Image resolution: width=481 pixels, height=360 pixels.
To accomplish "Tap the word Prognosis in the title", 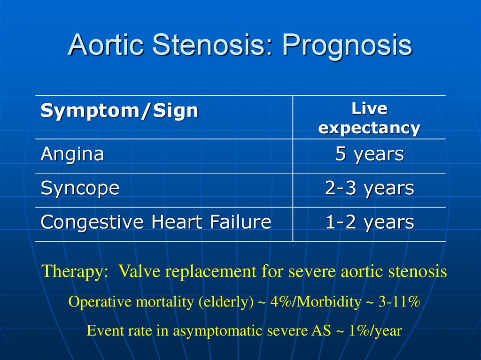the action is tap(347, 46).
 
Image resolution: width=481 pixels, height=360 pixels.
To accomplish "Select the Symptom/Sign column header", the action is tap(119, 110).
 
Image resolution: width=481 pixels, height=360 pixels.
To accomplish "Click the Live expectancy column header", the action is tap(369, 118).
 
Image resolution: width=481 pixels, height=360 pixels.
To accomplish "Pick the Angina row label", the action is tap(72, 154).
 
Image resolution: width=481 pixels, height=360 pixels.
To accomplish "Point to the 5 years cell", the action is tap(369, 154).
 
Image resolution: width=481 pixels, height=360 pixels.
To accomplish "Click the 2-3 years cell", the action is tap(369, 188).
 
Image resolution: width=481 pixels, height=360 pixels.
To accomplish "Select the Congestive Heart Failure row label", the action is tap(156, 222).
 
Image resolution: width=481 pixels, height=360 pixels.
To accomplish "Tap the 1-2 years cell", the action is tap(369, 222).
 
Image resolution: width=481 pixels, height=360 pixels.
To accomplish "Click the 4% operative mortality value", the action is tap(281, 302).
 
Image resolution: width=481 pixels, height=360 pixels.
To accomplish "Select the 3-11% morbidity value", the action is tap(399, 302).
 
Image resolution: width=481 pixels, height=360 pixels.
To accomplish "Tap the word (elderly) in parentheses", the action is tap(226, 302).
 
